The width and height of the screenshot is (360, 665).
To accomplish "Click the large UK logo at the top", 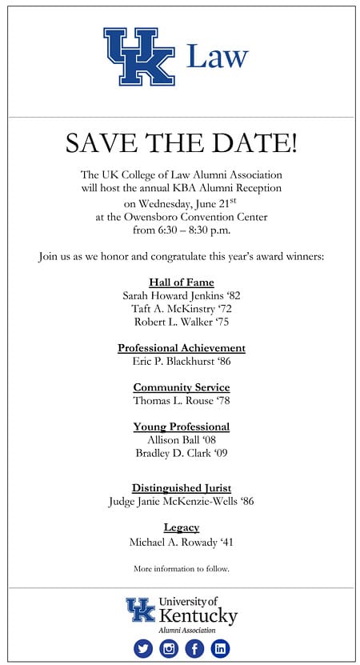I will coord(138,57).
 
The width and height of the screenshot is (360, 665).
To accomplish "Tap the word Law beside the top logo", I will coord(217,56).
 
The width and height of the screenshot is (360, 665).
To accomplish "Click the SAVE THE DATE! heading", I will coord(181,144).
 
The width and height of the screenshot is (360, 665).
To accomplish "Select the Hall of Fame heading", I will coord(181,282).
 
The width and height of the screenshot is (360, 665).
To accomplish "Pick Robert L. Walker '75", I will coord(182,322).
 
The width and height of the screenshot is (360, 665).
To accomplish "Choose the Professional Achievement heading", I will coord(182,348).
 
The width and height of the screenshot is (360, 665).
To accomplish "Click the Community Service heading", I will coord(182,387).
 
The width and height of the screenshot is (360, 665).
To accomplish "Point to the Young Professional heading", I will coord(182,427).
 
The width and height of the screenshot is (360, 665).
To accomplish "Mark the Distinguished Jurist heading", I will coord(182,488).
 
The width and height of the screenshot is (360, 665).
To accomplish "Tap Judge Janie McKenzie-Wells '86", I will coord(182,502).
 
